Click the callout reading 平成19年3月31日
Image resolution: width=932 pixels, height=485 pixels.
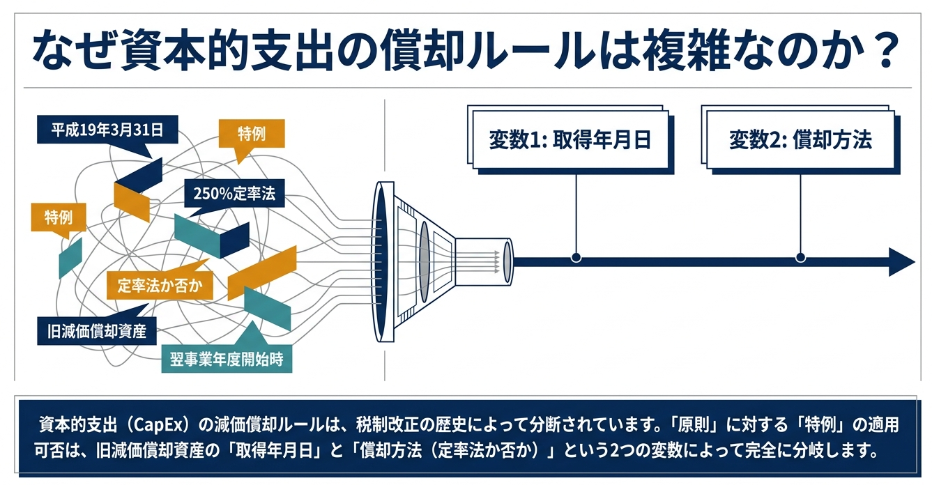coord(107,130)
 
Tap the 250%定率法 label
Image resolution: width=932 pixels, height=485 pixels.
coord(234,193)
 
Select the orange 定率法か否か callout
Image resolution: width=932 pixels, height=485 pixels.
coord(160,285)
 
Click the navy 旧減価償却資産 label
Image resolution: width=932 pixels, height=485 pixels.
coord(96,331)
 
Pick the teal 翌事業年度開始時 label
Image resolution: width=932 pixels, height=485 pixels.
coord(227,359)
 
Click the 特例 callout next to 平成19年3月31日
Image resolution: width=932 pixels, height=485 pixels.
coord(252,134)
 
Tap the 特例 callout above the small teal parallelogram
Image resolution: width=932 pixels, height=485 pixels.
coord(59,217)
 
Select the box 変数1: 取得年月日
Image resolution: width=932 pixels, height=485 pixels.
coord(570,139)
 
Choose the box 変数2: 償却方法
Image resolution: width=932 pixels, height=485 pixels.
coord(800,139)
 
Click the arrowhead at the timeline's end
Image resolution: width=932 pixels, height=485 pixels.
coord(902,262)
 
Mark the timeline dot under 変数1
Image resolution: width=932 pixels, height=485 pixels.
coord(576,257)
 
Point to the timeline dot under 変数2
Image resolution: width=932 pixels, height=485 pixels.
coord(800,257)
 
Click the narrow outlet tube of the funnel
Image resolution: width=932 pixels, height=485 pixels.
coord(484,262)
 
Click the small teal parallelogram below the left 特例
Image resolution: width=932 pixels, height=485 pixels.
coord(70,257)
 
